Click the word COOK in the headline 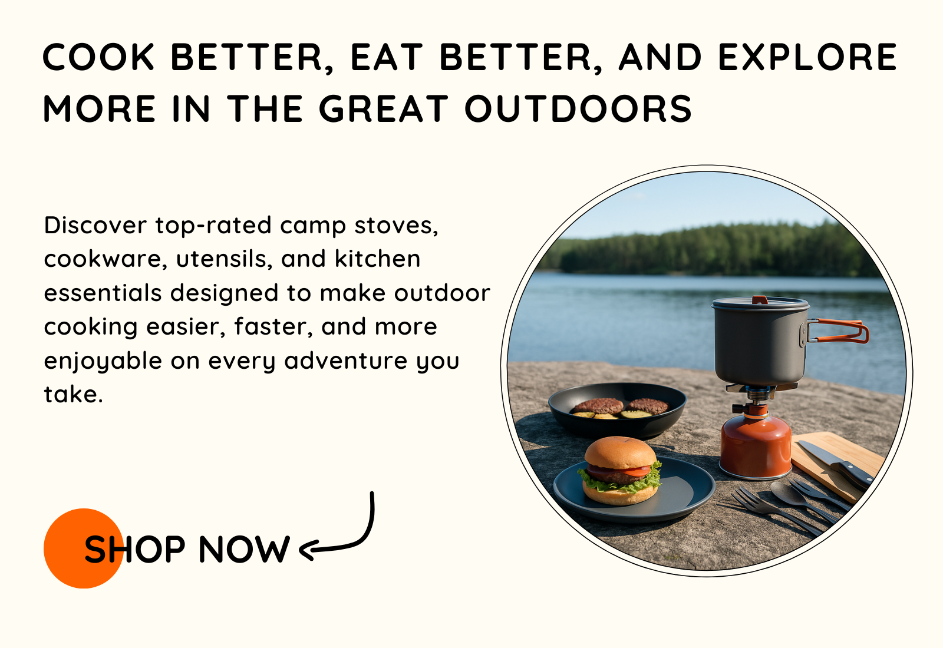pos(98,57)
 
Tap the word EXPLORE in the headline pos(808,57)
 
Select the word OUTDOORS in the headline pos(578,109)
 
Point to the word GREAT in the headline pos(384,109)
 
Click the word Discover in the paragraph pos(95,225)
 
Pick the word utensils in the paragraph pos(222,259)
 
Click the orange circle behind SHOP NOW pos(83,548)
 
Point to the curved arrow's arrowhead pos(306,550)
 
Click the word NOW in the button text pos(244,549)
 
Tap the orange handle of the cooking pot pos(838,330)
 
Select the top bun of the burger pos(621,453)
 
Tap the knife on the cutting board pos(835,465)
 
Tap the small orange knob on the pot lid pos(760,300)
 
